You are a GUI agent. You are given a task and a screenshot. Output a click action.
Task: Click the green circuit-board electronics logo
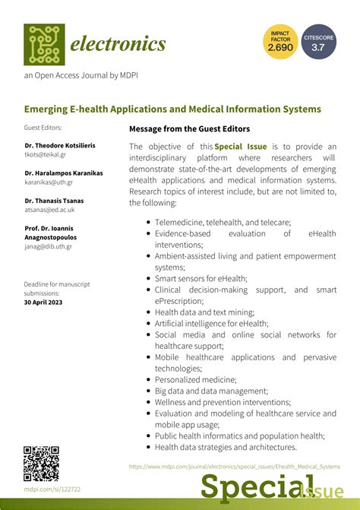point(44,44)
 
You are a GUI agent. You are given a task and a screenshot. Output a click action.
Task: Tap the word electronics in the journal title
point(118,44)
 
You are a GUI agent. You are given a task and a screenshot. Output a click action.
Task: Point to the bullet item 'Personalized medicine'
point(196,379)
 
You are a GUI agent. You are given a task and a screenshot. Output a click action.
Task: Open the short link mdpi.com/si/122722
point(52,489)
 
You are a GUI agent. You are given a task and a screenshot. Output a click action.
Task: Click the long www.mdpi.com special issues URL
point(235,466)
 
